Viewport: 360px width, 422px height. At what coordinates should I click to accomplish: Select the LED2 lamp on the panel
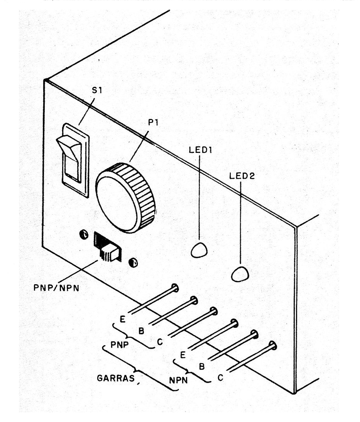239,273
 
